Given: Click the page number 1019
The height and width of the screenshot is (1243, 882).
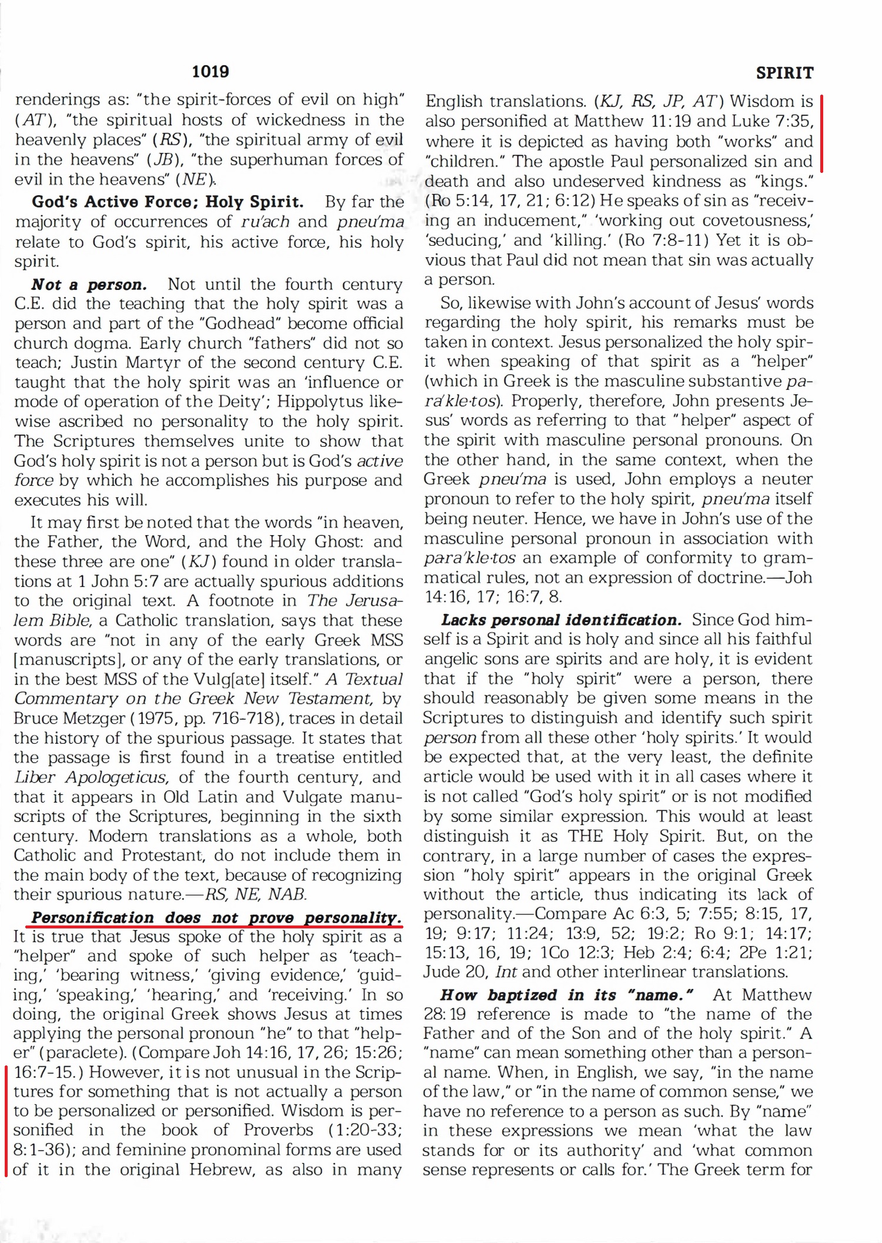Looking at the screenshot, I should pyautogui.click(x=211, y=72).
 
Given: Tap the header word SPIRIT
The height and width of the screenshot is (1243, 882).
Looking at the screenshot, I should pyautogui.click(x=784, y=73).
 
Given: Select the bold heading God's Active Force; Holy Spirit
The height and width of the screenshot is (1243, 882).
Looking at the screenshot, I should pyautogui.click(x=168, y=202).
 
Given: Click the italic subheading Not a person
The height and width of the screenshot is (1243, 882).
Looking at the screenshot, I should pyautogui.click(x=89, y=285).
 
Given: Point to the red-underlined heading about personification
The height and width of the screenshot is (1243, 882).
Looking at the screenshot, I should pyautogui.click(x=216, y=918).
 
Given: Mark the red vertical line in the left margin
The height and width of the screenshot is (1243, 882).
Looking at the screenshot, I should pyautogui.click(x=6, y=1120).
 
